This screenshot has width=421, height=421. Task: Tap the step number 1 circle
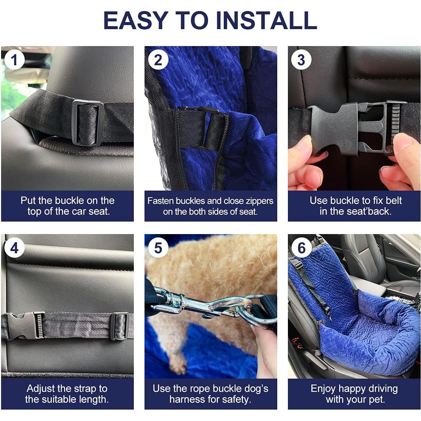point(15,60)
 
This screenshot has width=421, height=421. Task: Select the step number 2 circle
point(158,60)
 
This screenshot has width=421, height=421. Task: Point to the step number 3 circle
point(301,60)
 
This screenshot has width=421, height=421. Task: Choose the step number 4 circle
point(15,248)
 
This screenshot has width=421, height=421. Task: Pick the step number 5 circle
point(158,248)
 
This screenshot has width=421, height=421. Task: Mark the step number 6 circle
point(301,248)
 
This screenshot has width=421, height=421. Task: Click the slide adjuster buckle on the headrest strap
point(87,123)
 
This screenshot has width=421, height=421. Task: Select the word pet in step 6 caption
point(377,400)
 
